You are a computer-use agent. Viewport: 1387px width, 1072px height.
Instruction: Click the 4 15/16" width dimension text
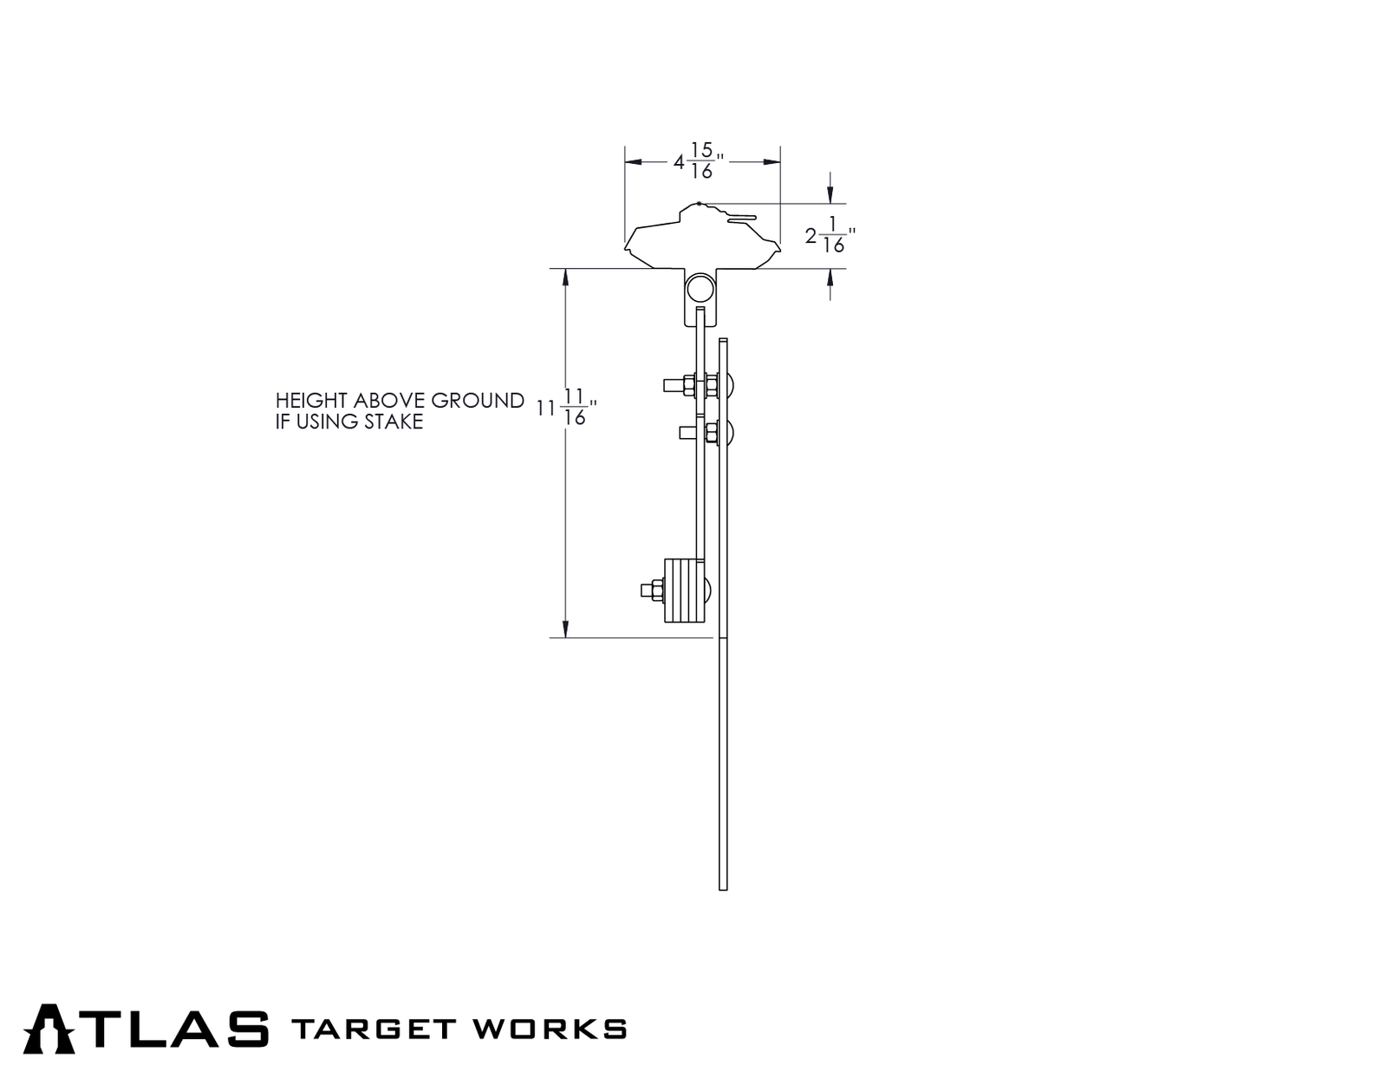[x=699, y=161]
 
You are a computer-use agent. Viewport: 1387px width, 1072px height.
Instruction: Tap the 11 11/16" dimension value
[x=566, y=408]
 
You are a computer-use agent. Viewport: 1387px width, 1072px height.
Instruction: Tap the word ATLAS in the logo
[x=146, y=1029]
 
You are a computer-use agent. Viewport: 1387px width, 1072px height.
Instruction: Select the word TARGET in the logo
[x=373, y=1030]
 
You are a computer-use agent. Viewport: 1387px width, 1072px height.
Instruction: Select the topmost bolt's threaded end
[x=673, y=384]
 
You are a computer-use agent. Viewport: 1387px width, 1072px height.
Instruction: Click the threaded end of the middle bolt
[x=687, y=431]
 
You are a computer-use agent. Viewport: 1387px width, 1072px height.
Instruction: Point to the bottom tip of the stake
[x=723, y=887]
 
